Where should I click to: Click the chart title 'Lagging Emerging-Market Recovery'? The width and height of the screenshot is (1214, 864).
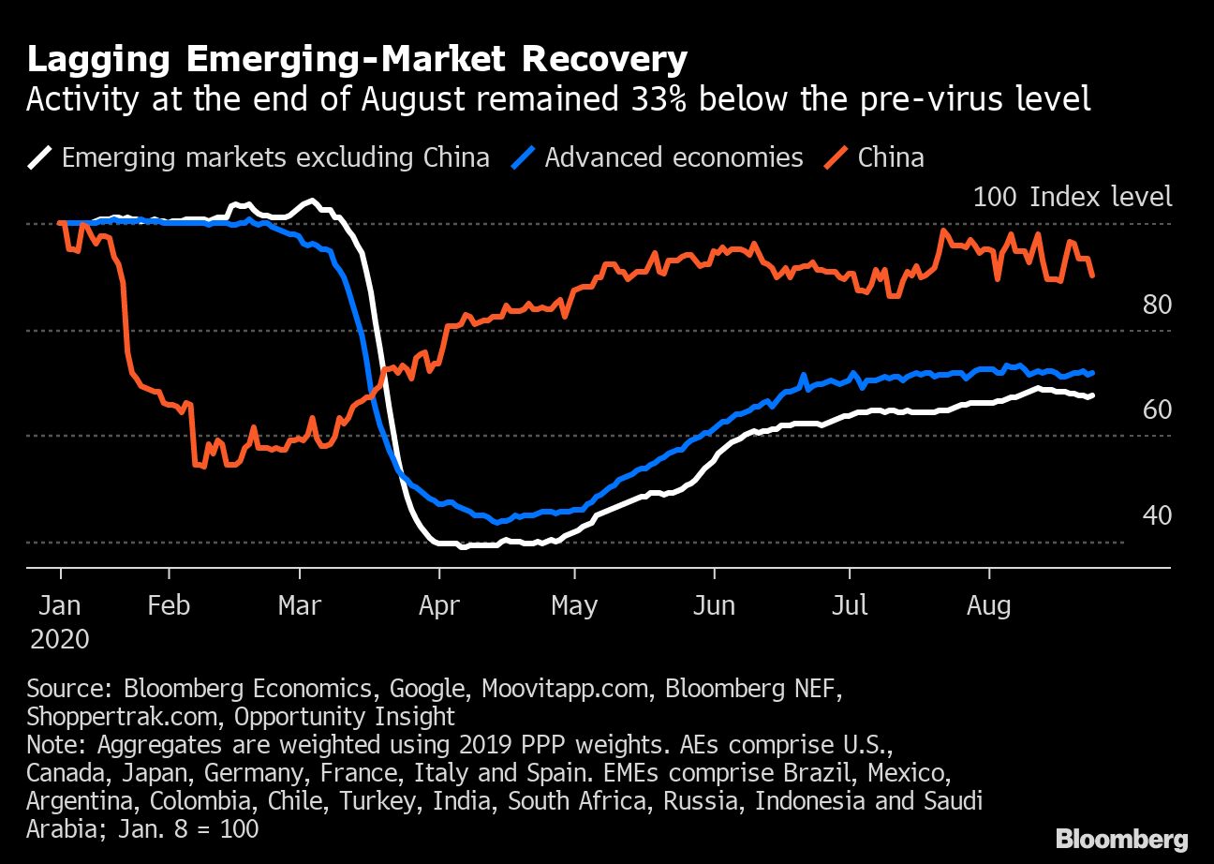(357, 59)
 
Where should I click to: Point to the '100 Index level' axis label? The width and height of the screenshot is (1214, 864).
(1072, 197)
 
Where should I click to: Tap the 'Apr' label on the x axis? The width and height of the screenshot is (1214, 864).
(438, 605)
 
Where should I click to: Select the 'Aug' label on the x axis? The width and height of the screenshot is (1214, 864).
(988, 605)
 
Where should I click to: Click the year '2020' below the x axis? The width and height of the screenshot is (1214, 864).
(60, 639)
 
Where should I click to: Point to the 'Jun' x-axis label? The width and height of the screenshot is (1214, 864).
(714, 605)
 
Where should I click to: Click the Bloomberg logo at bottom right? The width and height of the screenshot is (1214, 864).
(1121, 838)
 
